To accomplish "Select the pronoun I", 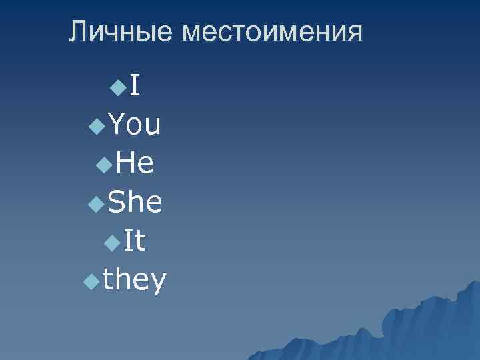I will point(135,85).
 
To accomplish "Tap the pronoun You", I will point(134,124).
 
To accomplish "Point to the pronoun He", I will point(135,163).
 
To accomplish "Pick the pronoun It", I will point(135,241).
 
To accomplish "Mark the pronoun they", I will point(135,281).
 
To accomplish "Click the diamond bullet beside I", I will point(118,87).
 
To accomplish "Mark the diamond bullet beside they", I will point(91,283).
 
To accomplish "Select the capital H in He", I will point(123,163).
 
